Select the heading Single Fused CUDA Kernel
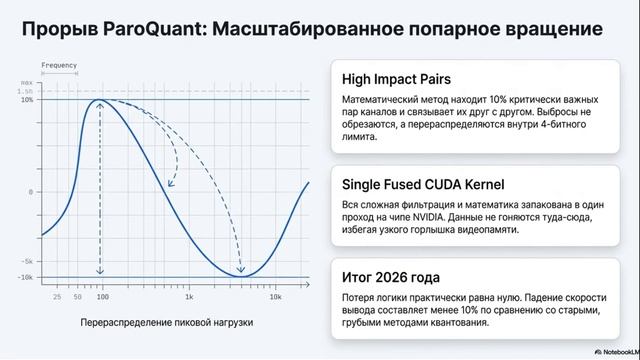tap(422, 184)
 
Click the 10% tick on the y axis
tap(27, 100)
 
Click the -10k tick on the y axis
tap(27, 277)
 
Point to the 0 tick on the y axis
tap(31, 191)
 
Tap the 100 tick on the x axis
tap(100, 297)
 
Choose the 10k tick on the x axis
tap(276, 297)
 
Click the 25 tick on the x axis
tap(57, 297)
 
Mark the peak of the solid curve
tap(100, 100)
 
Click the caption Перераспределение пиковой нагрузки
tap(167, 323)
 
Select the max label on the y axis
tap(27, 82)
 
